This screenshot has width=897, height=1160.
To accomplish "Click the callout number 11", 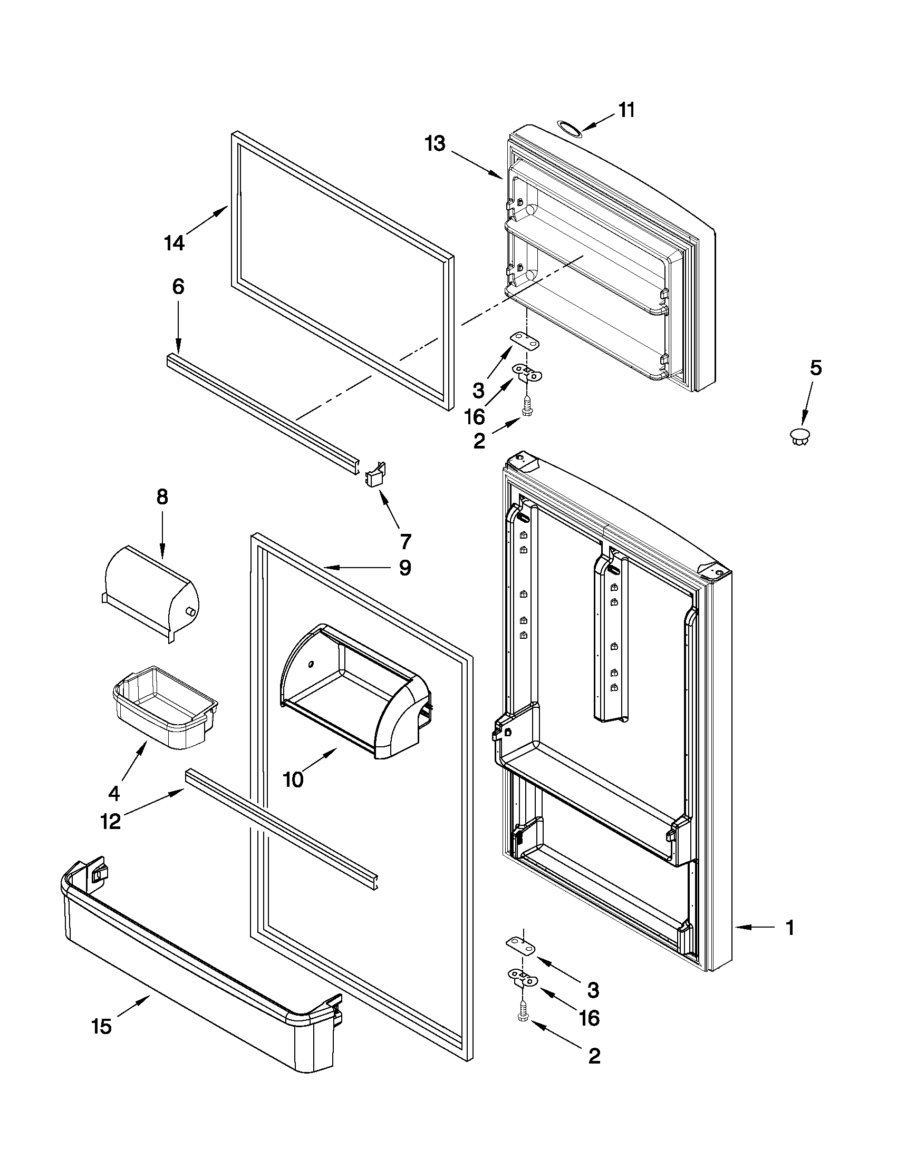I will [626, 110].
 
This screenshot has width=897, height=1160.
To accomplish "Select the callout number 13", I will [435, 143].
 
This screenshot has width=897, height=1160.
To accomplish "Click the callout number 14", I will [174, 243].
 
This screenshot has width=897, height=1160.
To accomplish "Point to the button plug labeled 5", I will [800, 437].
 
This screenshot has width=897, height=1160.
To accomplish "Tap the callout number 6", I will [178, 287].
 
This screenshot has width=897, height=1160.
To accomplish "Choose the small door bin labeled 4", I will [165, 706].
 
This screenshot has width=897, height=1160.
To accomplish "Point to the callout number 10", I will [293, 779].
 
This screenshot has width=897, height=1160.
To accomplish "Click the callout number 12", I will [111, 822].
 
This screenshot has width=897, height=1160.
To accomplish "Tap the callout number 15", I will [101, 1026].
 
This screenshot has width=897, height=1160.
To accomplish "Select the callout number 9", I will [405, 568].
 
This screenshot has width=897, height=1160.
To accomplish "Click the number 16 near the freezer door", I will [474, 417].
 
